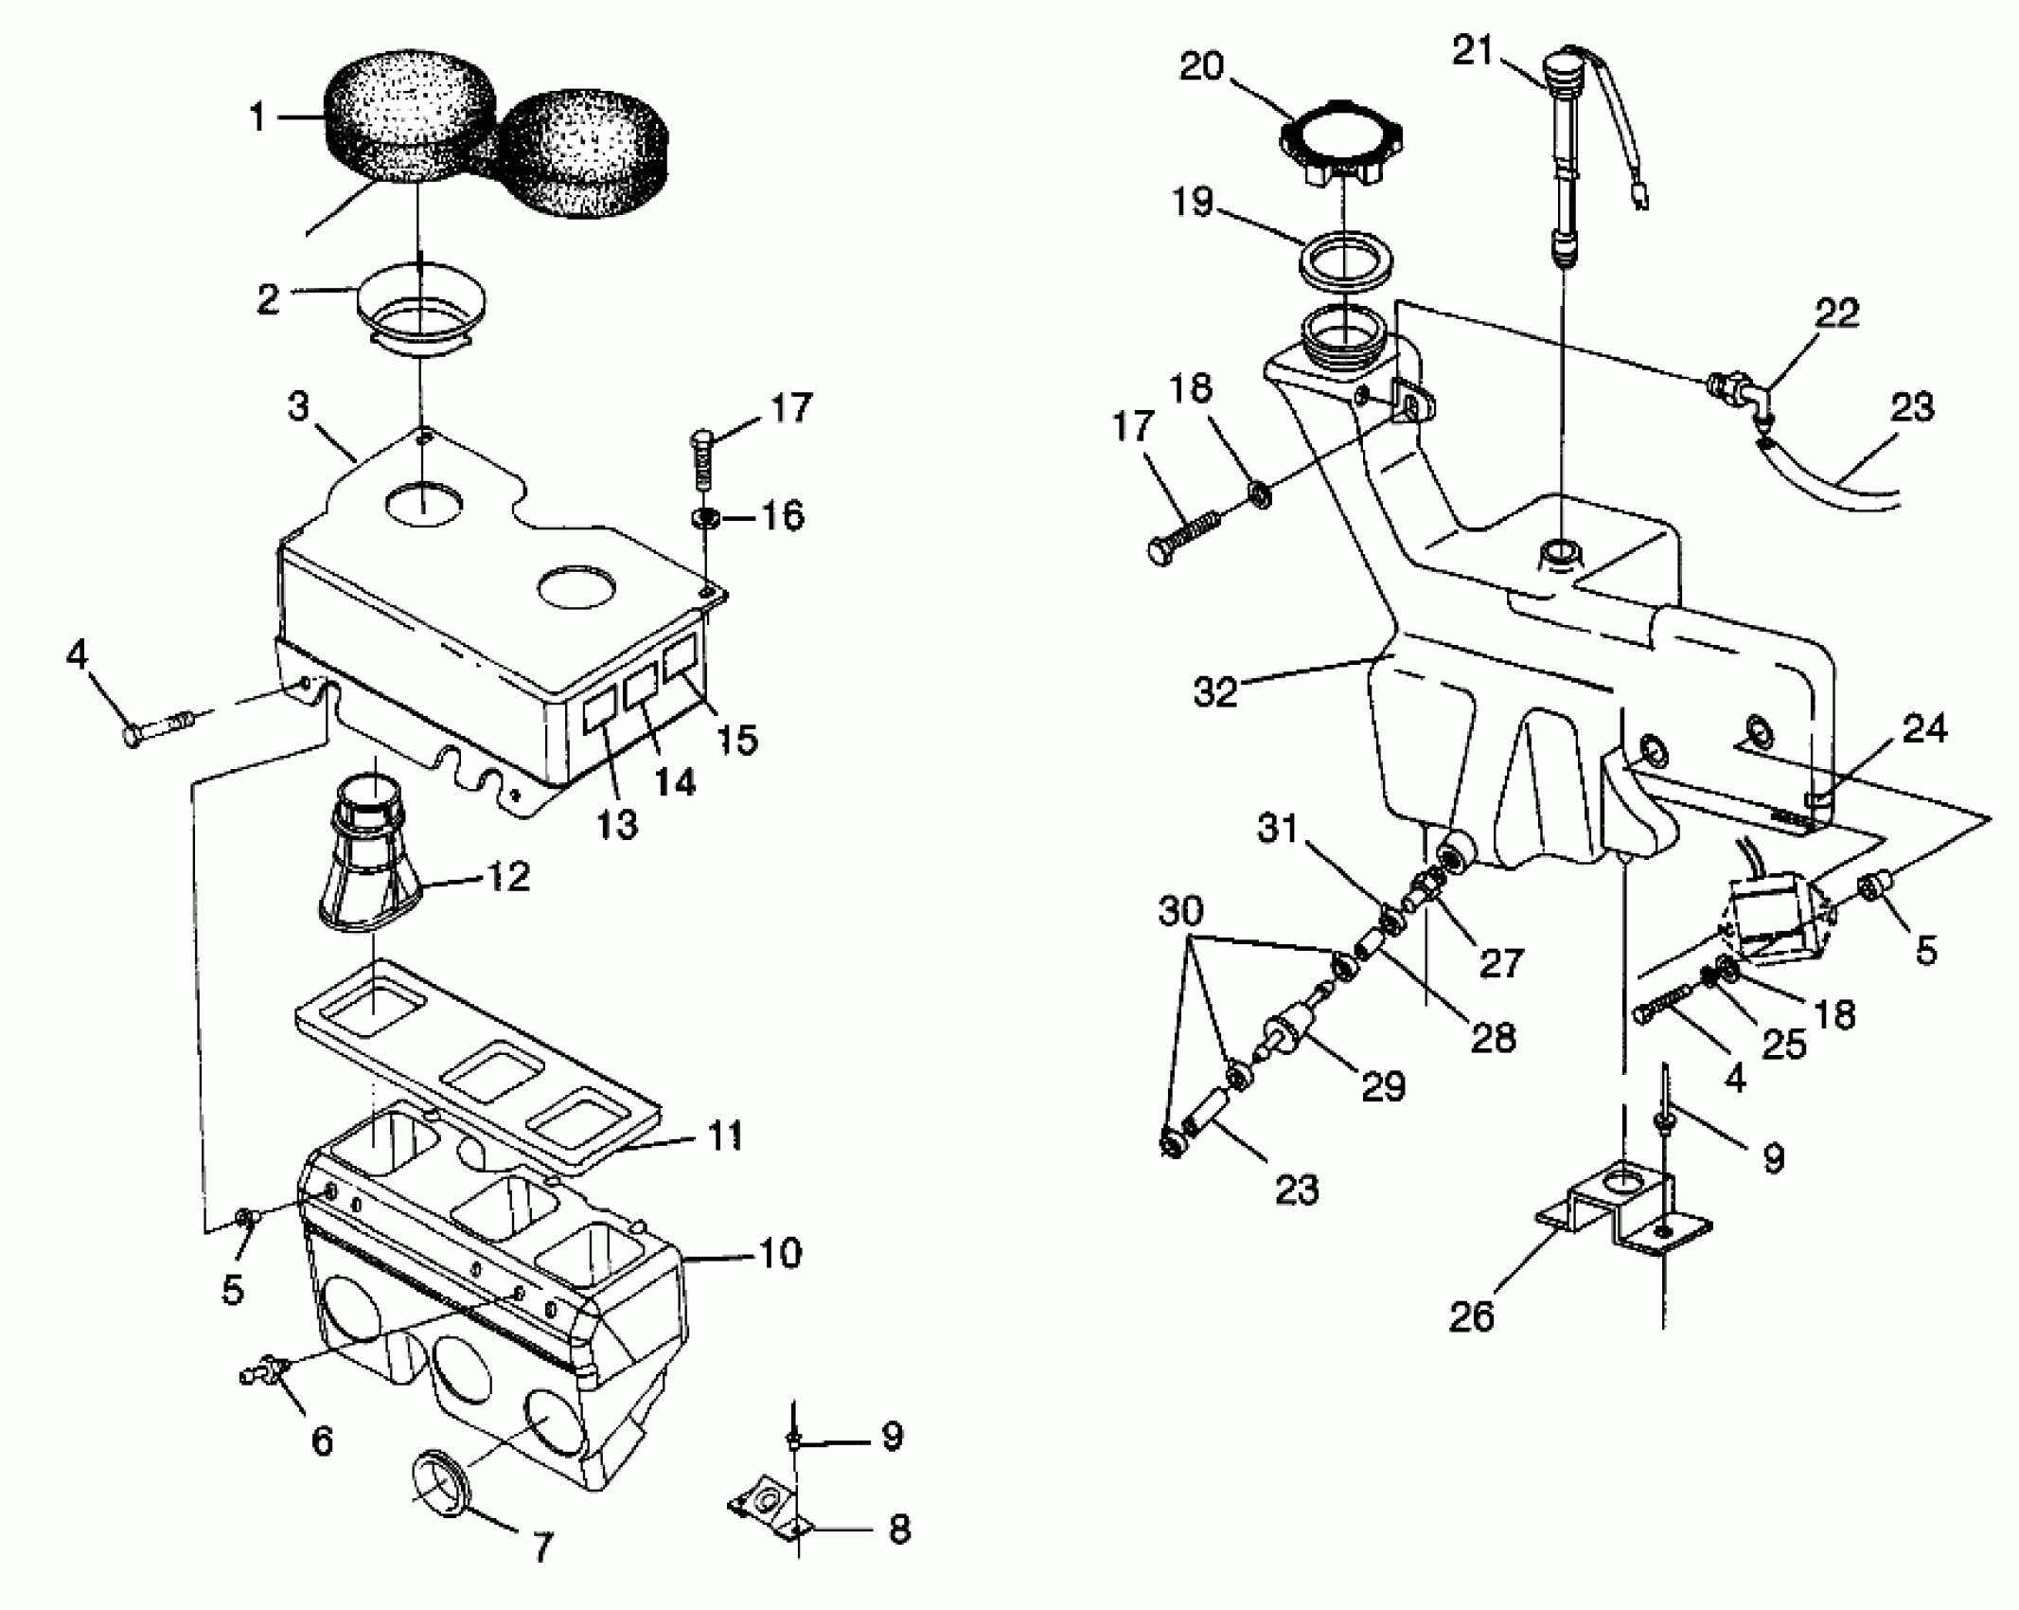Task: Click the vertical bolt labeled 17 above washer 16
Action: tap(703, 459)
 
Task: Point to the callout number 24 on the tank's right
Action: tap(1923, 729)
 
